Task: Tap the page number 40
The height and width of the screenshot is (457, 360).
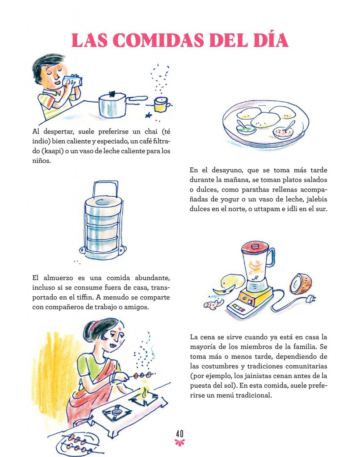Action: [180, 434]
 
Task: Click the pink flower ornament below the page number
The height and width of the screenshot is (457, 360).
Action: [180, 443]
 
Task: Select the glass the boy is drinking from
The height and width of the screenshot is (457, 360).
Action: [72, 81]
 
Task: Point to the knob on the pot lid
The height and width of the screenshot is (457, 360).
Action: [112, 94]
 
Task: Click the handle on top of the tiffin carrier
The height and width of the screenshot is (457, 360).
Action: [105, 189]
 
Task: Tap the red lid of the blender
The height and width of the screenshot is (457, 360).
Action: [255, 248]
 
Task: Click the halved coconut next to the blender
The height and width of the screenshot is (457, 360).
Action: [301, 284]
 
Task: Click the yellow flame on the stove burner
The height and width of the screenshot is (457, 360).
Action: [145, 391]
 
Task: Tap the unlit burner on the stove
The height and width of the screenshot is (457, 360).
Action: [116, 411]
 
